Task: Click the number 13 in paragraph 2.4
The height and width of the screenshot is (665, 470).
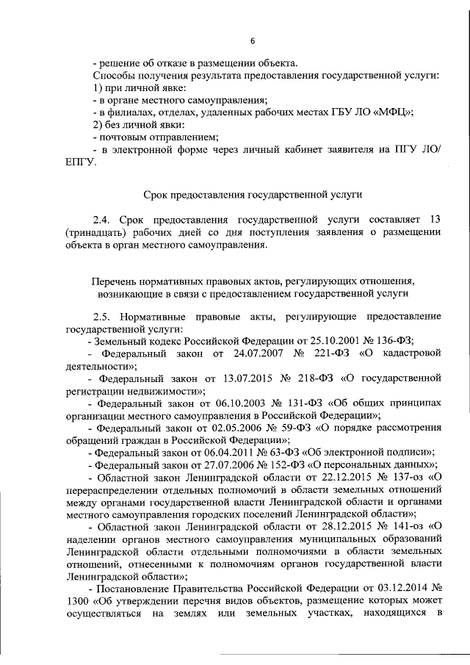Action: coord(434,220)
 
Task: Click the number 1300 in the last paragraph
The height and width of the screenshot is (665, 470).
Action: coord(75,600)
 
